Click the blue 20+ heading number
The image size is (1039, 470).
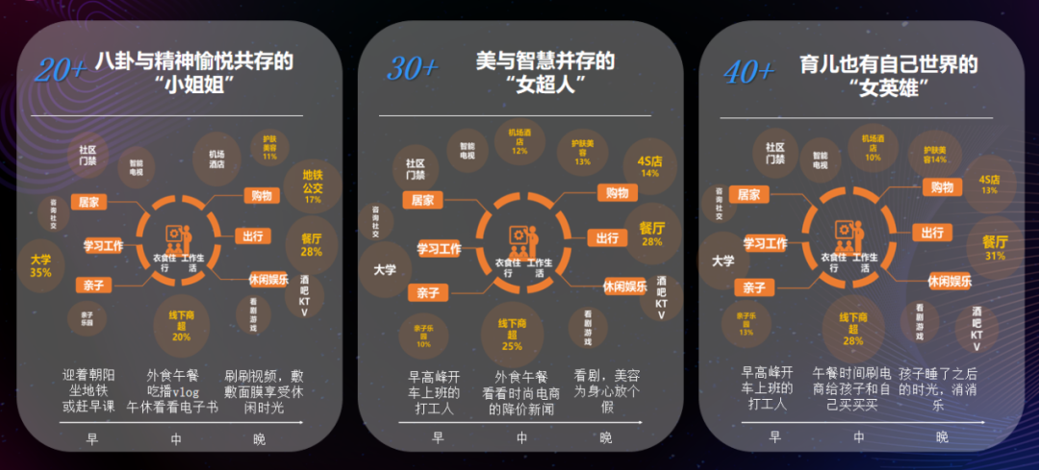tap(61, 70)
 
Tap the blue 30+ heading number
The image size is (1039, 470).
tap(413, 68)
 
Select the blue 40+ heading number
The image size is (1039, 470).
tap(748, 70)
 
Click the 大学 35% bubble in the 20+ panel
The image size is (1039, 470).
tap(40, 265)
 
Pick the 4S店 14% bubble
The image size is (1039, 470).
tap(649, 166)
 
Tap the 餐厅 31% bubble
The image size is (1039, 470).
tap(995, 248)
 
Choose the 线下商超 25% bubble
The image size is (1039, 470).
tap(512, 333)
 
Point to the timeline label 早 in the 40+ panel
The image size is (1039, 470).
tap(774, 437)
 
